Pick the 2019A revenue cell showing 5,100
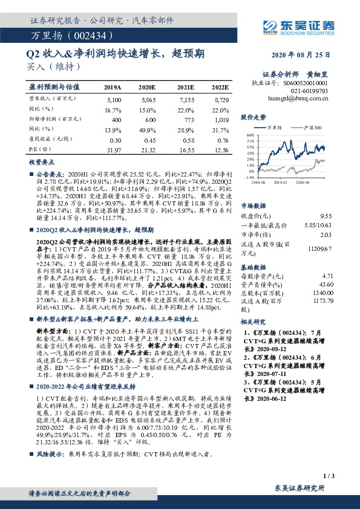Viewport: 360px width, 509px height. tap(113, 98)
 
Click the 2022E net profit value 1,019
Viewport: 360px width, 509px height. tap(221, 120)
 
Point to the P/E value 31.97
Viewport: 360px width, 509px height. tap(113, 149)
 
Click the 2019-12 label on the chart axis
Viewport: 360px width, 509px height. tap(279, 181)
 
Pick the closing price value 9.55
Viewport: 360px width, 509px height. tap(344, 216)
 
